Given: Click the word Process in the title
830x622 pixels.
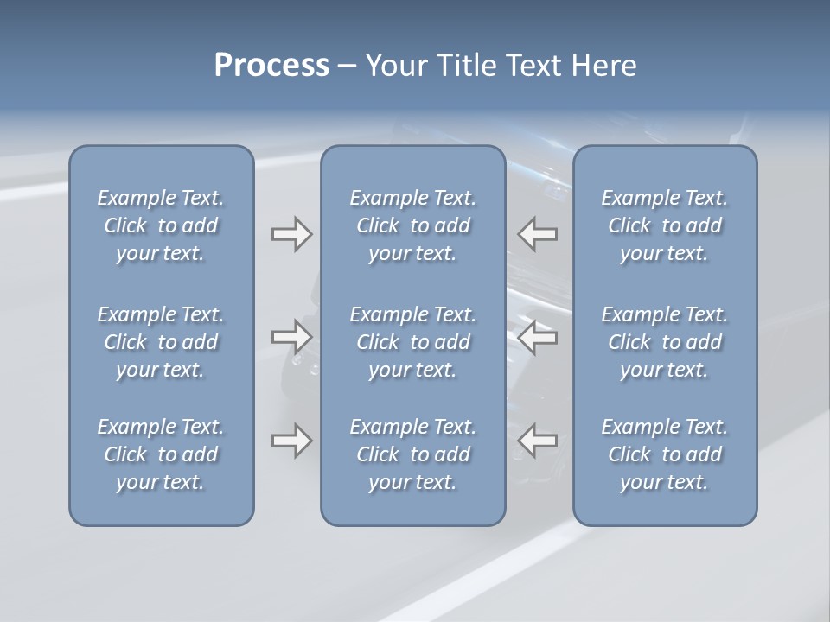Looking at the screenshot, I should [x=271, y=66].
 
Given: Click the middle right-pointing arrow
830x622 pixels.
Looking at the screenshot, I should [x=291, y=336].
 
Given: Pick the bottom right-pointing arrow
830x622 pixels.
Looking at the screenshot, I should [x=291, y=441].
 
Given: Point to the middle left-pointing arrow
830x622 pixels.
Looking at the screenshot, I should [x=537, y=336].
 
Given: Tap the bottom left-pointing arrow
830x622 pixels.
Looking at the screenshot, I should [x=537, y=441].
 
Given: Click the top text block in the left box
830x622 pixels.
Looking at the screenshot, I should [x=161, y=225].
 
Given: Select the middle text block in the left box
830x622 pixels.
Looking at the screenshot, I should [x=161, y=342].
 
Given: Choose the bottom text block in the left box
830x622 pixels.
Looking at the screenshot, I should [x=161, y=454].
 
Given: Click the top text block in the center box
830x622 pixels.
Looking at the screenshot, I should [x=412, y=225].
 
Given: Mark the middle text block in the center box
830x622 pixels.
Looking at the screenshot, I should [x=412, y=342].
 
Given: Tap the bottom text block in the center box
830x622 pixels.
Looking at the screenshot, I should [x=412, y=454].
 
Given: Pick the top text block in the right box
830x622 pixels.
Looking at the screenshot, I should [x=665, y=225].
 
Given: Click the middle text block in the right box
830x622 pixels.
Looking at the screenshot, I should [x=665, y=342].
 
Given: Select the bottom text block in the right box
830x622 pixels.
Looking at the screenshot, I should [x=665, y=454].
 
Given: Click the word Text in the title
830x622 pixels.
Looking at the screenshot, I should [x=536, y=66].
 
